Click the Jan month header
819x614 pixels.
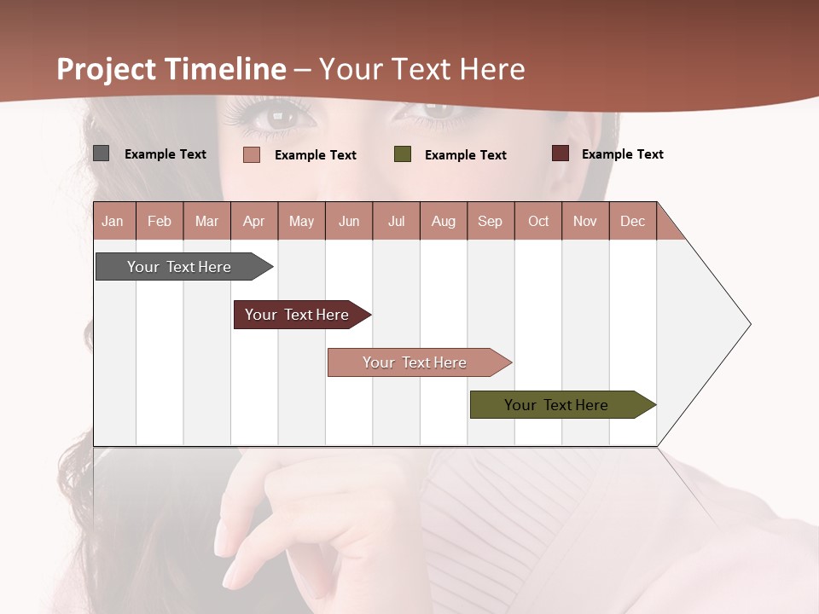(x=113, y=221)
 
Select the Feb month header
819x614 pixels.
(x=160, y=221)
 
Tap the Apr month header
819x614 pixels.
(x=254, y=221)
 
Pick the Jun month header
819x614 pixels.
(x=349, y=221)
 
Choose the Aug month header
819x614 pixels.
(x=444, y=221)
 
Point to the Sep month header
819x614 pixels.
(x=491, y=221)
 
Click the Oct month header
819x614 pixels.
(x=538, y=221)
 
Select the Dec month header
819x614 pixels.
(x=633, y=221)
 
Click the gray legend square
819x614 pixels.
(x=101, y=153)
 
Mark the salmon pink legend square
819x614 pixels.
(x=251, y=154)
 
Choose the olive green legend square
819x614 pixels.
(x=403, y=154)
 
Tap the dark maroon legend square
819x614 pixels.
(x=560, y=153)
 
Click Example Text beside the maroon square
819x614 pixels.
(x=622, y=154)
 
